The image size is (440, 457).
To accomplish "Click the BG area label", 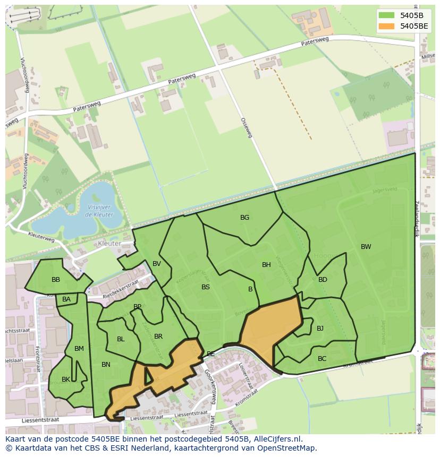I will pos(244,218).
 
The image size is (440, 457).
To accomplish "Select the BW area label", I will pos(366,247).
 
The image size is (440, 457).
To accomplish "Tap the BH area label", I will pos(266,265).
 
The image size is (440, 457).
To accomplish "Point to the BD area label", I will pos(323,280).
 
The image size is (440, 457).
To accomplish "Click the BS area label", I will pos(206,287).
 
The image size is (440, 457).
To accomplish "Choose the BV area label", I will pos(157,264).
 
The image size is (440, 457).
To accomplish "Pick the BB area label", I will pos(56,280).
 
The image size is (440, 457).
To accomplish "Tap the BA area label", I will pos(66,299).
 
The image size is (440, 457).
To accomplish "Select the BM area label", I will pos(79,349).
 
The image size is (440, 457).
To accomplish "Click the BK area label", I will pos(66,380).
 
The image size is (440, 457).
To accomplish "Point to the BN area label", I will pos(106,365).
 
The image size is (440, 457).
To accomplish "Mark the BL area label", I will pos(121,339).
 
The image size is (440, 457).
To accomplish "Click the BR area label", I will pos(158,337).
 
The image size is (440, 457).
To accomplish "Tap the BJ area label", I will pos(320,329).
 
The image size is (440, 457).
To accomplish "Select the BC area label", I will pos(322,359).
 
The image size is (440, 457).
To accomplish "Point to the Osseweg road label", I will pos(246,128).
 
